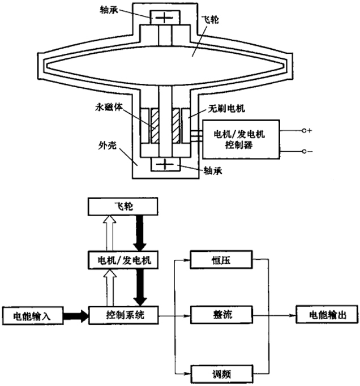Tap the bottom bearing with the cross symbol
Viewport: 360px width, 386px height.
point(165,165)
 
